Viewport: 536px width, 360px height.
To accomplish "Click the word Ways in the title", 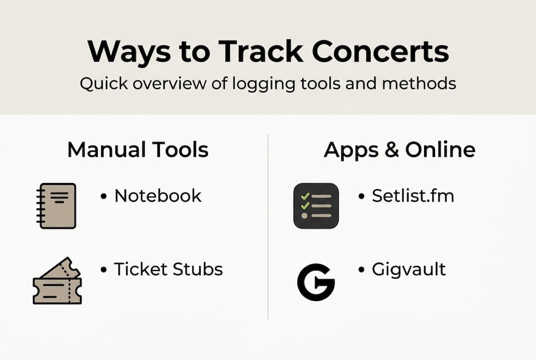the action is click(129, 52).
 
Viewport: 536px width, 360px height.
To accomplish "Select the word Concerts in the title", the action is click(381, 51).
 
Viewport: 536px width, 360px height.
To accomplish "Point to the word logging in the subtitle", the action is click(263, 84).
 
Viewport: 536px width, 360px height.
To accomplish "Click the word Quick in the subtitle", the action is click(104, 83).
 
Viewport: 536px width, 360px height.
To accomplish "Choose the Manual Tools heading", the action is click(138, 149).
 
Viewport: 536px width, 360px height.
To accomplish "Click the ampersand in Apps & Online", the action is click(392, 150).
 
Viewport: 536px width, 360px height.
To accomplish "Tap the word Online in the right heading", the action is click(440, 149).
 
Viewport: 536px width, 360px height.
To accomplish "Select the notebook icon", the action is click(56, 205).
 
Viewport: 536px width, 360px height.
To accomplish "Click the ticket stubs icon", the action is click(57, 281).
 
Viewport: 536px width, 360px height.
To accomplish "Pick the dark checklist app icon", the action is click(316, 205).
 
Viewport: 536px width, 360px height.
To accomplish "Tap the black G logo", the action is click(316, 282).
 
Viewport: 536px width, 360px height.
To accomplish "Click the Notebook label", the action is click(158, 195).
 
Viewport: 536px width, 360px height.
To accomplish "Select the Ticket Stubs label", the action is click(168, 269).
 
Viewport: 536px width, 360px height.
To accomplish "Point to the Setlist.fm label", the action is click(413, 195).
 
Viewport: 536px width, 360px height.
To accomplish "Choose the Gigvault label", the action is click(409, 269).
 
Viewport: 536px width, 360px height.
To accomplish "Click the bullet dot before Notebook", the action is click(103, 196).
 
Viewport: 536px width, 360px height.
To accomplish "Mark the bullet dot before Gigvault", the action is click(361, 269).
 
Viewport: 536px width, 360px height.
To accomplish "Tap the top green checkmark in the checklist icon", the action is click(305, 196).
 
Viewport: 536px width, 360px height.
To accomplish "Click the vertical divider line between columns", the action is click(268, 226).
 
